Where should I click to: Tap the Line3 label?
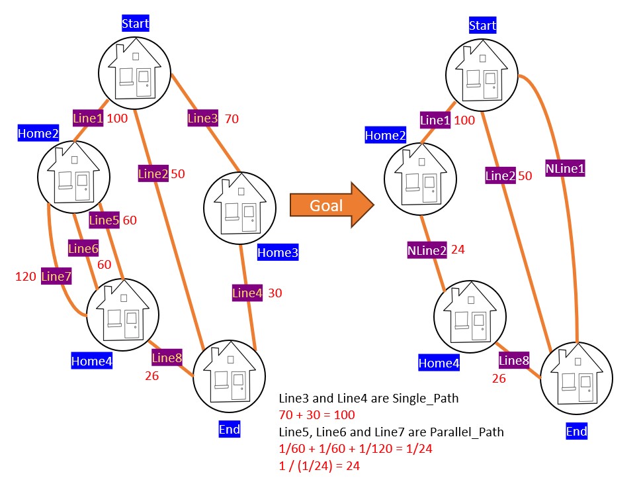(x=202, y=119)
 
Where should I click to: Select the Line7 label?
(x=56, y=276)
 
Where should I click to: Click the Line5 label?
(x=103, y=220)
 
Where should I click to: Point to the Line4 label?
(x=247, y=293)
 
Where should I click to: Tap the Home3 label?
(x=278, y=252)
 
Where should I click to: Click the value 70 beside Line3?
(x=232, y=119)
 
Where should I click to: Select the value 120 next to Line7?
(x=25, y=276)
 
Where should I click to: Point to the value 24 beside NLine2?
(x=458, y=250)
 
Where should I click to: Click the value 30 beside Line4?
(x=275, y=293)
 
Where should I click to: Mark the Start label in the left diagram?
(x=136, y=24)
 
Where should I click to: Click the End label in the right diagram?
(x=576, y=432)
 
